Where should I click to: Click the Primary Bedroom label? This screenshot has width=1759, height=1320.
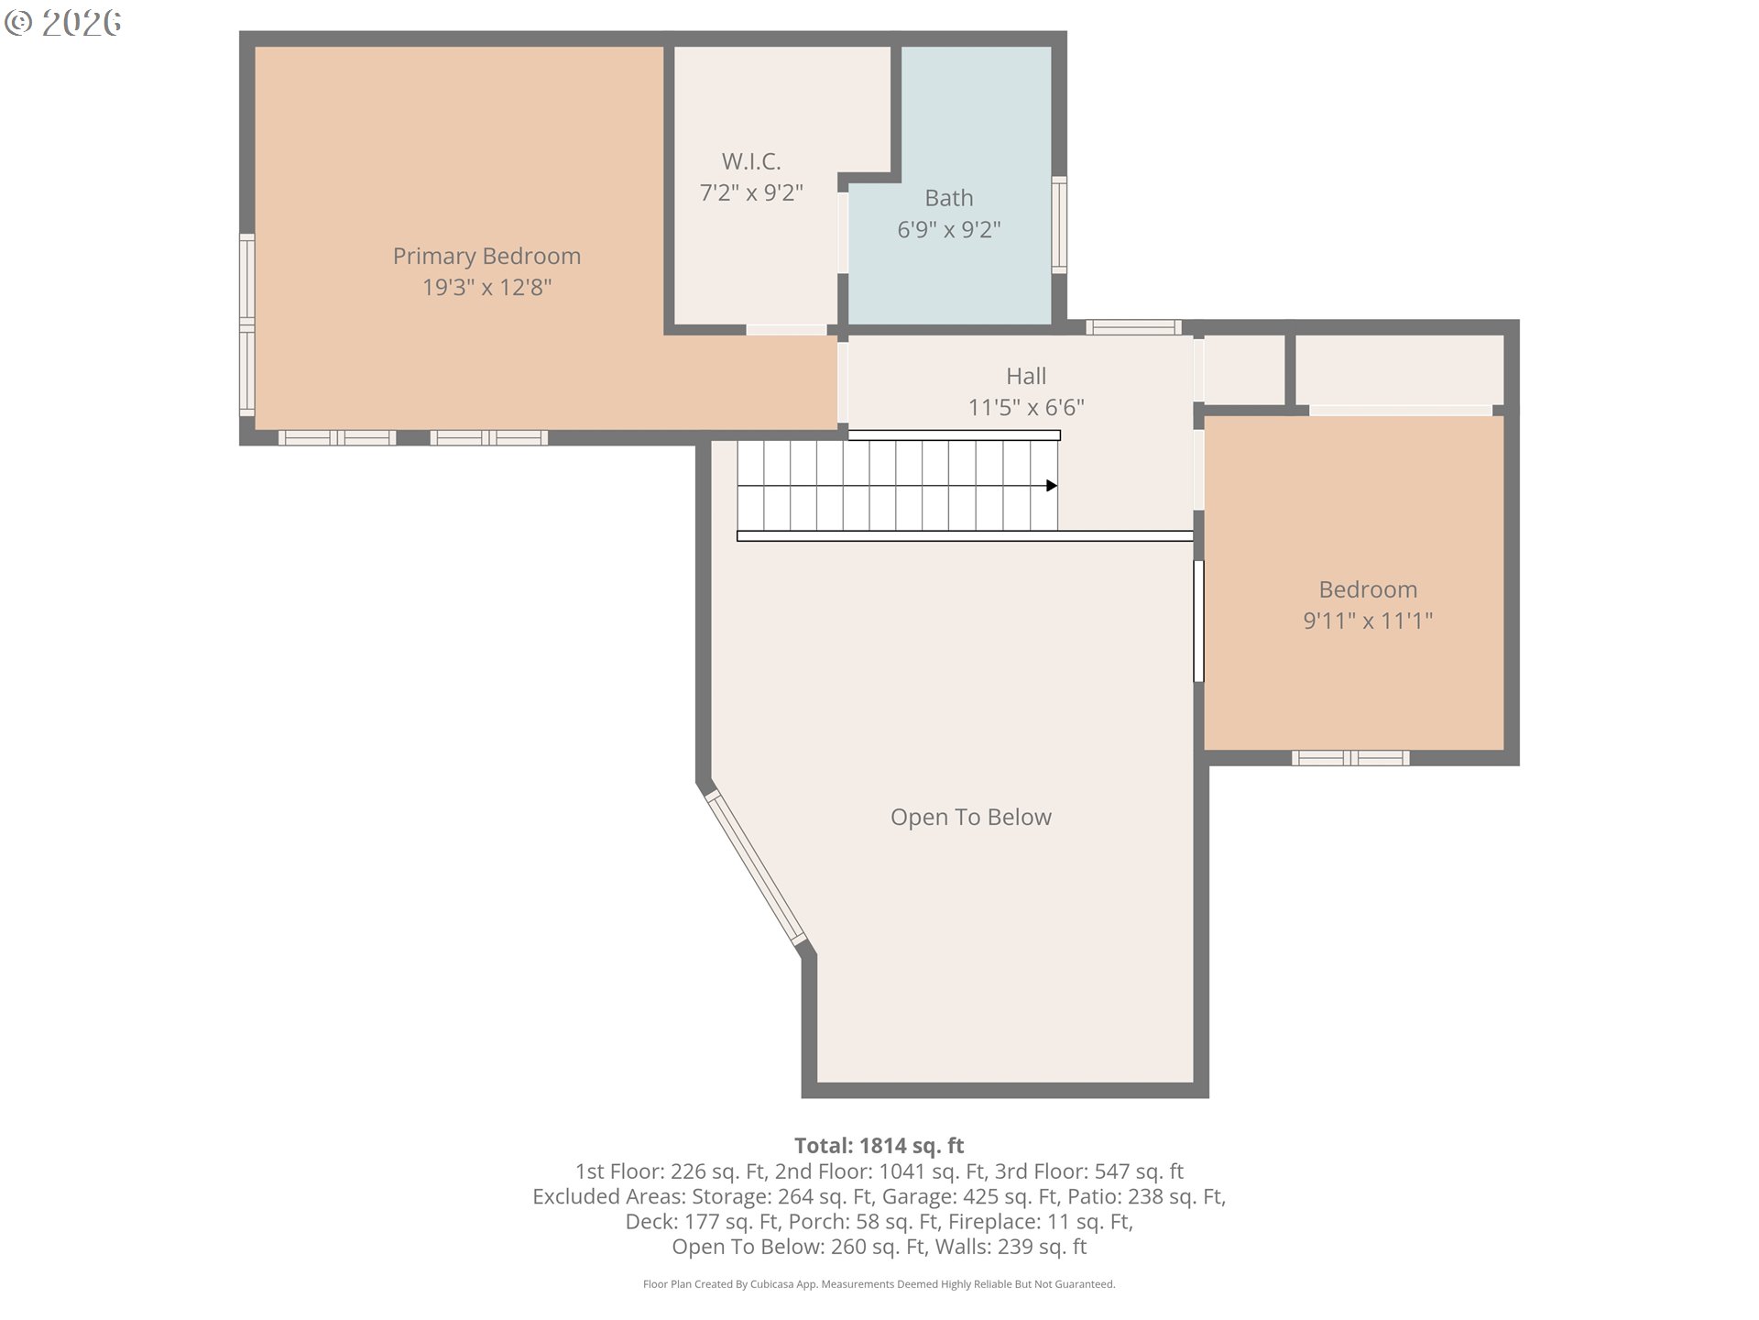(486, 257)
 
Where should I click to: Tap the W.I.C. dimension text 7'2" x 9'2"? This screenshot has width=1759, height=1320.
(751, 192)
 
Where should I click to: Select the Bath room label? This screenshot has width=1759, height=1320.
(949, 198)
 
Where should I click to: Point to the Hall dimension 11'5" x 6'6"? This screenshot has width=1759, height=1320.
(1026, 407)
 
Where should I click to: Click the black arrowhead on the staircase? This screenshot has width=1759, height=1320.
(1052, 486)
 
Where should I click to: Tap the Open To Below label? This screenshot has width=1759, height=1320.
(971, 817)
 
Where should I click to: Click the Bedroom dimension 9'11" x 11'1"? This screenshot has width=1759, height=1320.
(1368, 621)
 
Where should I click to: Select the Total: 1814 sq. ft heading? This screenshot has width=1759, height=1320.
(879, 1145)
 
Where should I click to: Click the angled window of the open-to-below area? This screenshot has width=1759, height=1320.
(756, 868)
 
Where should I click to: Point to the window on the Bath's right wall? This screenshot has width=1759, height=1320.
(1059, 225)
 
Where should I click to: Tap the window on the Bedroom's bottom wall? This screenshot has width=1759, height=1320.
(1350, 758)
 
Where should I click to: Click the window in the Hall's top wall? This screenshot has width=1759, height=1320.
(1133, 327)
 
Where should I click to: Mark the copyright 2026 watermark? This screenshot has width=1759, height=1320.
(62, 23)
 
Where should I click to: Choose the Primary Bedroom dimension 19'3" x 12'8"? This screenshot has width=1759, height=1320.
(486, 288)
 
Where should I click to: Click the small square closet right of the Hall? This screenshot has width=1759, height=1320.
(1243, 369)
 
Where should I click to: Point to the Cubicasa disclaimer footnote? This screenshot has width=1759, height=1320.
(879, 1284)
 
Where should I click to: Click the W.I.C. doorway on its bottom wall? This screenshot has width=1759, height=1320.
(786, 330)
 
